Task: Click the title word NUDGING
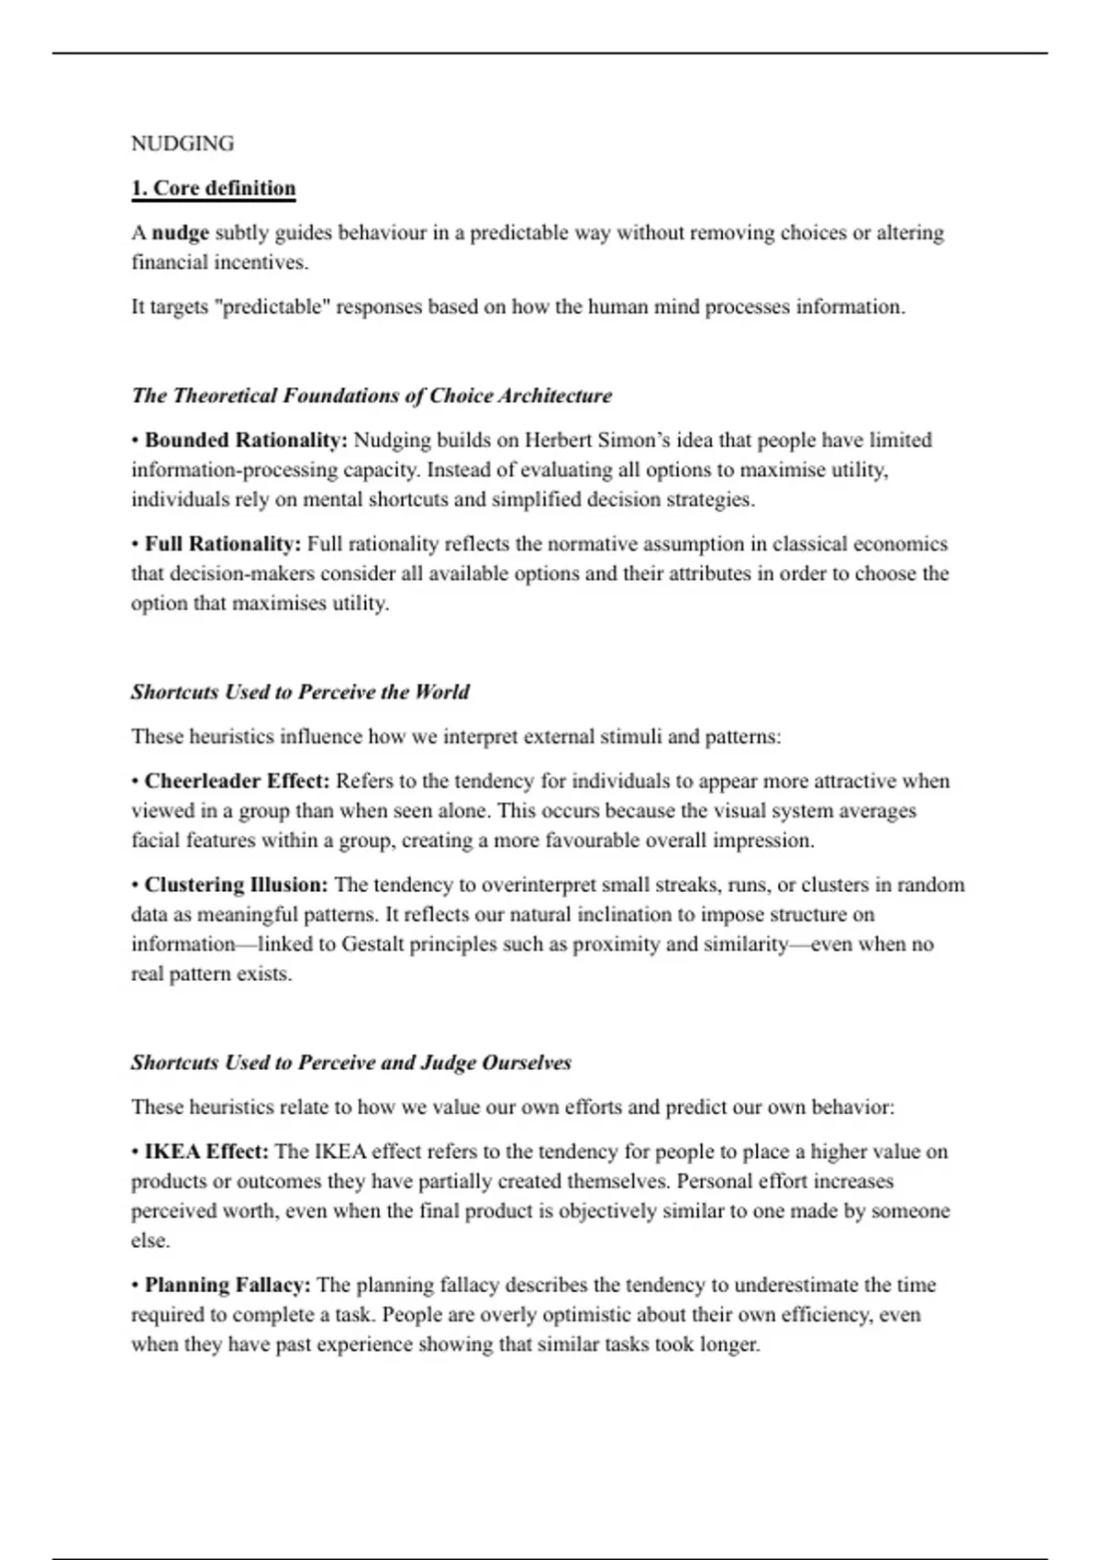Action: [x=183, y=144]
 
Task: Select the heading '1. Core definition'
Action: [x=213, y=189]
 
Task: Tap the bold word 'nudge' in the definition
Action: [x=181, y=233]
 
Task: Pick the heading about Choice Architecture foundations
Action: [x=371, y=396]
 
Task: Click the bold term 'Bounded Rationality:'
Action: [x=246, y=440]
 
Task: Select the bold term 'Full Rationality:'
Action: [x=223, y=544]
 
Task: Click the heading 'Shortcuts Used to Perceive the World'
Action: [x=299, y=692]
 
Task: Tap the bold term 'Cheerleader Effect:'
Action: [x=237, y=781]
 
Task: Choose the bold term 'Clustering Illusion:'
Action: [x=236, y=886]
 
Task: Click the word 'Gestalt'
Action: [x=375, y=944]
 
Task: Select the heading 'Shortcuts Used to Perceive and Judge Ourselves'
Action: [x=350, y=1063]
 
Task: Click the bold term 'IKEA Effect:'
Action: [x=206, y=1152]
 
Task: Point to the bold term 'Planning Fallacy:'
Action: [x=228, y=1285]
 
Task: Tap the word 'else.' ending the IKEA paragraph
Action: [x=150, y=1241]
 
